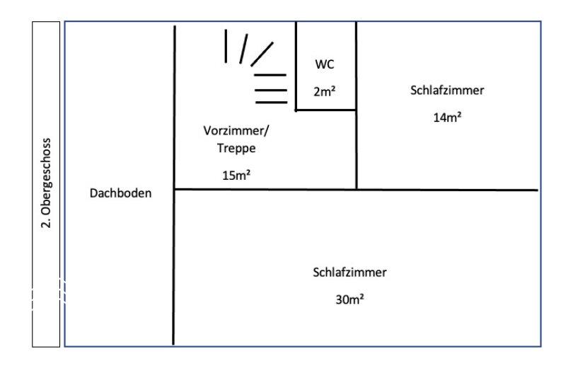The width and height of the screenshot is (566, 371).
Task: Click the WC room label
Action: (x=325, y=64)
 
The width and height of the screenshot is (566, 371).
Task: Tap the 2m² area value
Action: (x=325, y=91)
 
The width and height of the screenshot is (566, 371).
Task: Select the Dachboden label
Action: (x=120, y=193)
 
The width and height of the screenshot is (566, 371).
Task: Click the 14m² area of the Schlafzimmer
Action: (x=447, y=117)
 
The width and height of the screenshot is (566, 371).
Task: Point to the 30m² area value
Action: (x=350, y=299)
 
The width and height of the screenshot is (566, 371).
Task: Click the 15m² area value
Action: (x=236, y=175)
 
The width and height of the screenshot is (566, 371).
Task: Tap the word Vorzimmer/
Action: (x=236, y=130)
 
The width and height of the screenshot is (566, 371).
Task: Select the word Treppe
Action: (x=236, y=148)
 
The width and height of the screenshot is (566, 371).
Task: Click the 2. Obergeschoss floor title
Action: (x=46, y=183)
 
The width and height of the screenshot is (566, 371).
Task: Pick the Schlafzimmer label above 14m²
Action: (x=447, y=90)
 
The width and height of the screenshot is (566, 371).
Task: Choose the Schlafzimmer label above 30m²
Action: (x=350, y=272)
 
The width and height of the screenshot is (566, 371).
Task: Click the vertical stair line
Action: (x=226, y=46)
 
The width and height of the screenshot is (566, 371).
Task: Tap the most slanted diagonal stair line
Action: (x=262, y=55)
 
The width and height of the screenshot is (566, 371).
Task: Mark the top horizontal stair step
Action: (x=270, y=75)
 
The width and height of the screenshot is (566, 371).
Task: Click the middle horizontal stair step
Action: (x=271, y=90)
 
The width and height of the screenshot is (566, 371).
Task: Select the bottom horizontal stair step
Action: (x=272, y=103)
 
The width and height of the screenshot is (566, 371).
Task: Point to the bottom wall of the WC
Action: (x=326, y=110)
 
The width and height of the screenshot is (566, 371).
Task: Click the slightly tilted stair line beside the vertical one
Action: (x=243, y=49)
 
